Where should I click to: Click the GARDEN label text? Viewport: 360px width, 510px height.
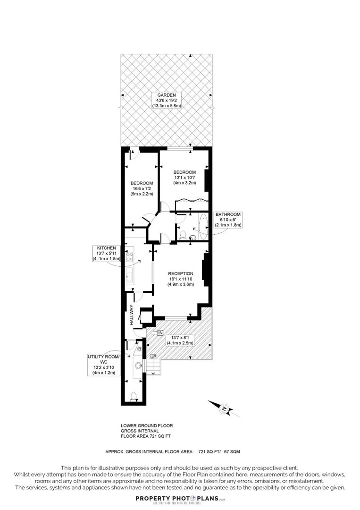pos(166,95)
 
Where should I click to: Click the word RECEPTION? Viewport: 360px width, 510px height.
pos(181,273)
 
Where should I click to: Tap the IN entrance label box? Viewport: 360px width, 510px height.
pos(159,333)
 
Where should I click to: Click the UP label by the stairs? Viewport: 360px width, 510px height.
pos(153,356)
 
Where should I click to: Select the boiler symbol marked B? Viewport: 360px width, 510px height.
pos(139,348)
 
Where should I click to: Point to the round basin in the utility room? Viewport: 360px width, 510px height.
pos(138,365)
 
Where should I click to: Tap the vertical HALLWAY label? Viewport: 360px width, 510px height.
pos(132,315)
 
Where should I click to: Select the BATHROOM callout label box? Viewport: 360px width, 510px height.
pos(228,220)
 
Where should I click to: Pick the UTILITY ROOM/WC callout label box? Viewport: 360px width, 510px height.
pos(104,364)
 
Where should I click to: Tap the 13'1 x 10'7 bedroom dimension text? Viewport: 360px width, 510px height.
pos(184,178)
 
